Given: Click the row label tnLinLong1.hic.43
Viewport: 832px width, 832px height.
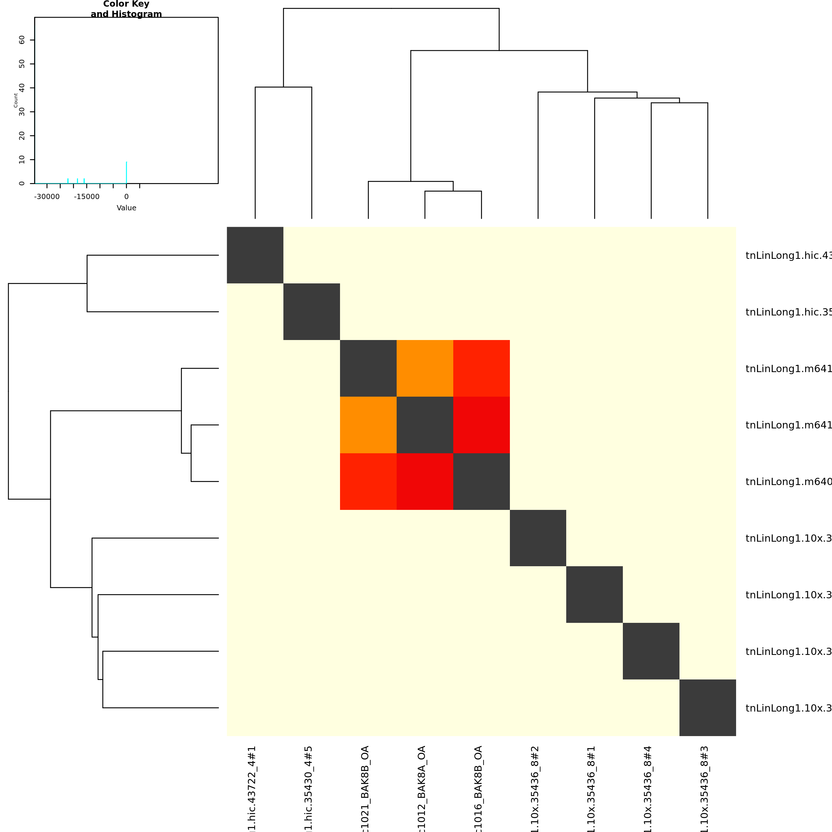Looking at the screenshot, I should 788,256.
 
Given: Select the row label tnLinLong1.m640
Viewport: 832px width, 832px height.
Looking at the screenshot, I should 788,482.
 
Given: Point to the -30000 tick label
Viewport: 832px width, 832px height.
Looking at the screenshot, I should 47,197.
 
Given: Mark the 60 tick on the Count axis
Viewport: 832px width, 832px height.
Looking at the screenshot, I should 22,40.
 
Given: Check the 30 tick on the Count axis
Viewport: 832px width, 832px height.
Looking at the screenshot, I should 22,112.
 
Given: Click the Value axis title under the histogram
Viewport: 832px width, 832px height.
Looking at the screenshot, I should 126,208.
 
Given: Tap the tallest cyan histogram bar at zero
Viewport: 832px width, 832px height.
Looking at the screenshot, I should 126,172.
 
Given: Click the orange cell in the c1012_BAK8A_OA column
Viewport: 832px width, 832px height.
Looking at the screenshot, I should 425,368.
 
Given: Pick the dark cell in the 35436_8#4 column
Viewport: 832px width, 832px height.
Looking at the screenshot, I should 651,651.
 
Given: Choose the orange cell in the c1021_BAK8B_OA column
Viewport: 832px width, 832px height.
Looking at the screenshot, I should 368,425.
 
